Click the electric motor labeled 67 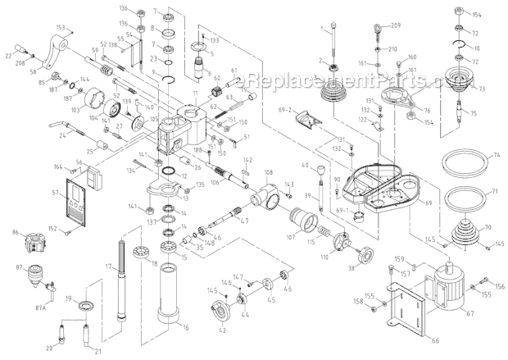[448, 285]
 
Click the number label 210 [392, 48]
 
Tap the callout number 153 [61, 27]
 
